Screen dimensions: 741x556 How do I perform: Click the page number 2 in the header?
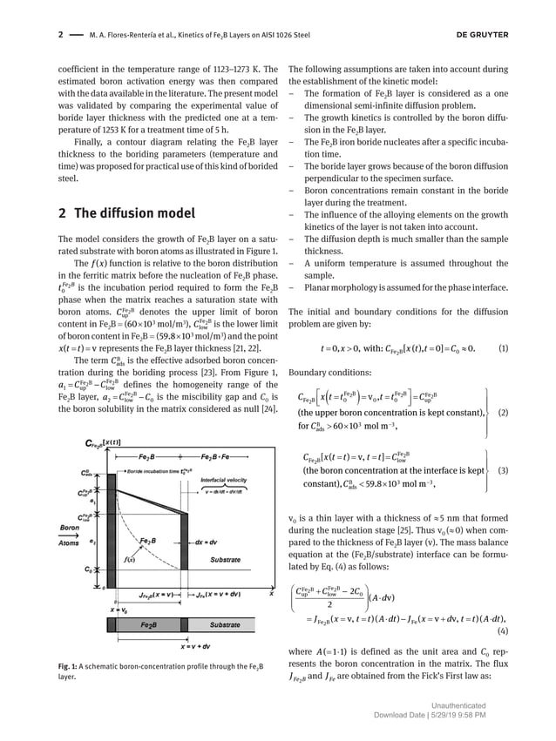coord(60,36)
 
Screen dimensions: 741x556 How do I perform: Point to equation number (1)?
coord(503,349)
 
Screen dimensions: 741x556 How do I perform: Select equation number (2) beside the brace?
coord(503,413)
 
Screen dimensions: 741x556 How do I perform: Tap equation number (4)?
coord(503,630)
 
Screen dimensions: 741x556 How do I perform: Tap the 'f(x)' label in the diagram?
coord(129,558)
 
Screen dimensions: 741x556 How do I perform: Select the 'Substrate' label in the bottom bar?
coord(224,624)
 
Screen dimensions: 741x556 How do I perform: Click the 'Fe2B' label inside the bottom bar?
coord(149,624)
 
